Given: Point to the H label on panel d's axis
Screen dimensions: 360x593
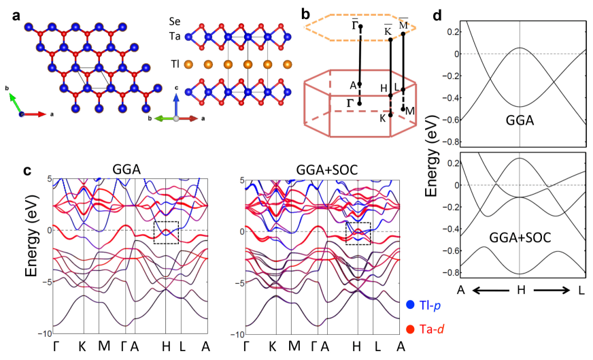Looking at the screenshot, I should coord(520,289).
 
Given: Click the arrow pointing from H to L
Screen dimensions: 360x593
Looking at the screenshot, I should coord(550,290).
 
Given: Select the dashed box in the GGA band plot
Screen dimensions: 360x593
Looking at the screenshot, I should coord(166,232).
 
